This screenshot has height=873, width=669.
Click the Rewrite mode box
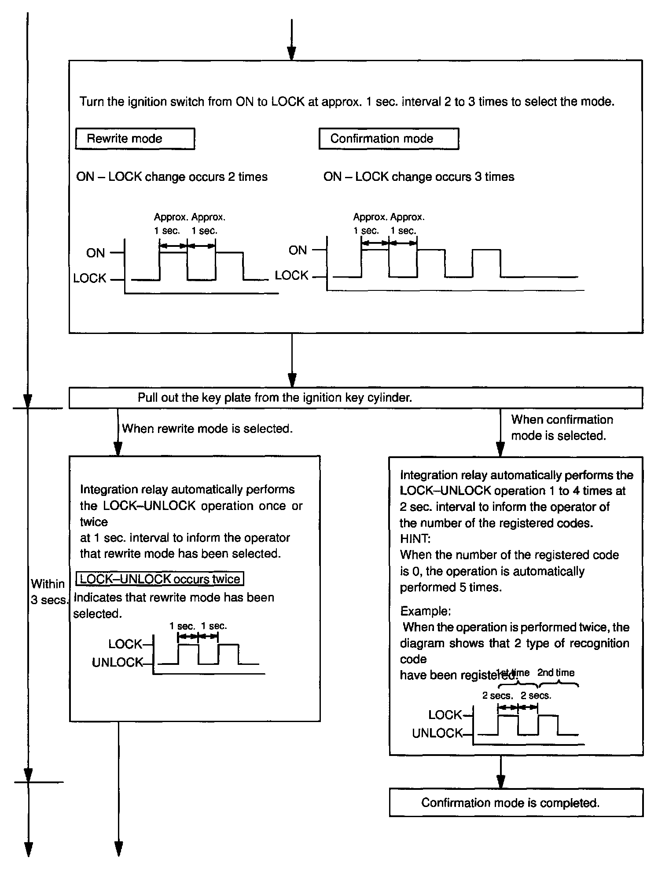pos(135,139)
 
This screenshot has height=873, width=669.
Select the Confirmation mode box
pos(388,139)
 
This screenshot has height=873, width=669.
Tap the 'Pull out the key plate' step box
pos(356,398)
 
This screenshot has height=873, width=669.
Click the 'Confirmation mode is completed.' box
pos(516,803)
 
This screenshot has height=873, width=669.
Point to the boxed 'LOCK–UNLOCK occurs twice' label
pos(160,579)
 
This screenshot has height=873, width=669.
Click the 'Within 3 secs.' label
pos(48,592)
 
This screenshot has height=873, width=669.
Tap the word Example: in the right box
pos(425,611)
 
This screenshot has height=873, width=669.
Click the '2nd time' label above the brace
pos(555,672)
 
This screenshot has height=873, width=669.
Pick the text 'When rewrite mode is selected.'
pos(207,429)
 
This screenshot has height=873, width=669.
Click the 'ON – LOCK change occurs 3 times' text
pos(419,177)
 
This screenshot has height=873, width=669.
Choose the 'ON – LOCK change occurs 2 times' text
pos(172,177)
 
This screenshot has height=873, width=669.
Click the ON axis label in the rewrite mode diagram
pos(96,253)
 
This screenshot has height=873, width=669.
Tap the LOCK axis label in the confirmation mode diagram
pos(291,275)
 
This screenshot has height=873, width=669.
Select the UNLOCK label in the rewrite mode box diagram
pos(118,662)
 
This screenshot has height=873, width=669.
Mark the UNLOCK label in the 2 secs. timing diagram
pos(437,733)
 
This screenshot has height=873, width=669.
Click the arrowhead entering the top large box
pos(291,54)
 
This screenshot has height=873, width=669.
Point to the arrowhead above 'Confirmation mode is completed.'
pos(500,782)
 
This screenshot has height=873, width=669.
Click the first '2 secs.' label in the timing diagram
pos(497,696)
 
